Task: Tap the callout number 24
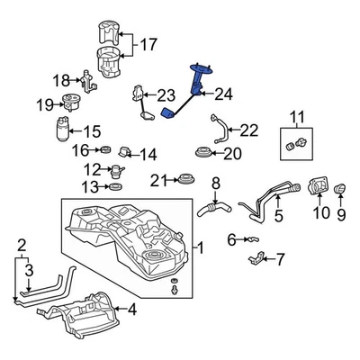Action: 223,93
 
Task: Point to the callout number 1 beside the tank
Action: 200,247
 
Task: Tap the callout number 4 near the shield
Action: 132,311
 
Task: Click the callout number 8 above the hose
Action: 214,184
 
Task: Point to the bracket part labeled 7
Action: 258,261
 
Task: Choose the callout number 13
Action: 88,187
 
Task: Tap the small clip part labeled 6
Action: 253,239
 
